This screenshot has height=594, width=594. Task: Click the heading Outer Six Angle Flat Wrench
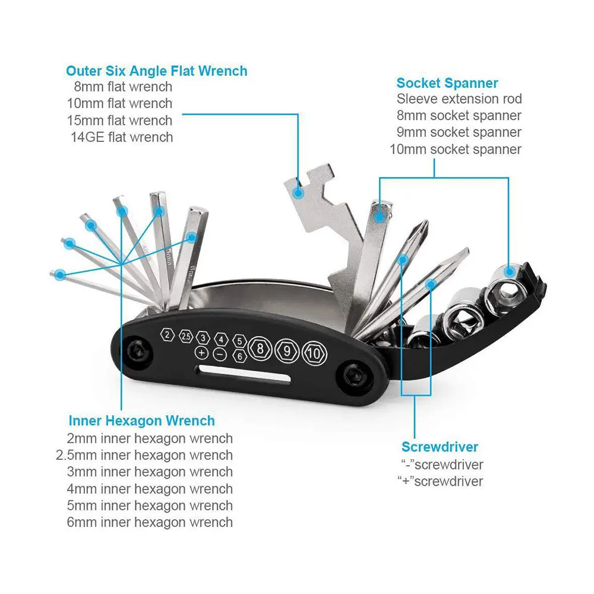156,71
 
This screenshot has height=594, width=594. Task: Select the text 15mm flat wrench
120,121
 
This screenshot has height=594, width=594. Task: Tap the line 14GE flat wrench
122,137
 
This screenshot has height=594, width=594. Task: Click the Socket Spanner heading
447,83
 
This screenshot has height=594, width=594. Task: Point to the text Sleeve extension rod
459,99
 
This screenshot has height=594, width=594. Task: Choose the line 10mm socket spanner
456,149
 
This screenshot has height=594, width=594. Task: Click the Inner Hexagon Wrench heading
142,421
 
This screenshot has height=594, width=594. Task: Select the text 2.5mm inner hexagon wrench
144,455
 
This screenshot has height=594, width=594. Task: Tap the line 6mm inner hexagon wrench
150,522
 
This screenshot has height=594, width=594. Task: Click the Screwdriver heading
440,447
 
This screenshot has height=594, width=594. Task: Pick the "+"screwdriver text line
440,481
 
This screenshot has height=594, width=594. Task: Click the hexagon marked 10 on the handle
314,353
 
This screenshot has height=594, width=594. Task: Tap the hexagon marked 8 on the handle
260,349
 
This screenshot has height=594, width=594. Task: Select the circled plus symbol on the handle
201,353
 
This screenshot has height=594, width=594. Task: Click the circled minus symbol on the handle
220,355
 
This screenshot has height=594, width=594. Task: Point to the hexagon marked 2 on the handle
168,335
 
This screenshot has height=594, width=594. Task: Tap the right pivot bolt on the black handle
356,375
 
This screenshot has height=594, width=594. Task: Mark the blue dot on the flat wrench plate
299,193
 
